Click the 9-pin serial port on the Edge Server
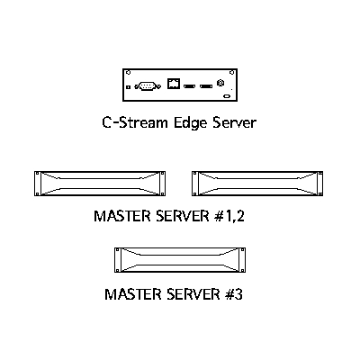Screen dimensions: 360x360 click(148, 86)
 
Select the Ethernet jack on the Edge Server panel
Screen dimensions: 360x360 click(174, 84)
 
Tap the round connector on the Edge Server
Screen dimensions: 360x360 click(220, 83)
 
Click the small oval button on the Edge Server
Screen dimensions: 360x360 click(227, 96)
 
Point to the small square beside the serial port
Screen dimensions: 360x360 click(129, 87)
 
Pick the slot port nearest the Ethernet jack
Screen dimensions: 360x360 click(189, 86)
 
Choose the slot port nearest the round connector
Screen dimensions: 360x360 click(206, 86)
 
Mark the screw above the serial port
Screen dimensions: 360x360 click(129, 72)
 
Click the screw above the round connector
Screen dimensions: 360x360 click(231, 72)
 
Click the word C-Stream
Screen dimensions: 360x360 click(135, 122)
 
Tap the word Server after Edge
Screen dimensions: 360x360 click(234, 122)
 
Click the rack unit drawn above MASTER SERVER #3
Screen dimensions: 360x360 click(180, 260)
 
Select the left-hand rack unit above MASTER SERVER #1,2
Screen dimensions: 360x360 click(100, 184)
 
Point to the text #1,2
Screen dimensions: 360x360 click(229, 216)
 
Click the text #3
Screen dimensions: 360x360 click(233, 294)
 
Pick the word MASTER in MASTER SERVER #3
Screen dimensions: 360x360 click(132, 294)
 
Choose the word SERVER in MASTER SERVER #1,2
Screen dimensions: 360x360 click(183, 216)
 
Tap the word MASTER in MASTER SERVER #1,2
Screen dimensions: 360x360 click(122, 216)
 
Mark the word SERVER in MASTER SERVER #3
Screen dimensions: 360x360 click(193, 294)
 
